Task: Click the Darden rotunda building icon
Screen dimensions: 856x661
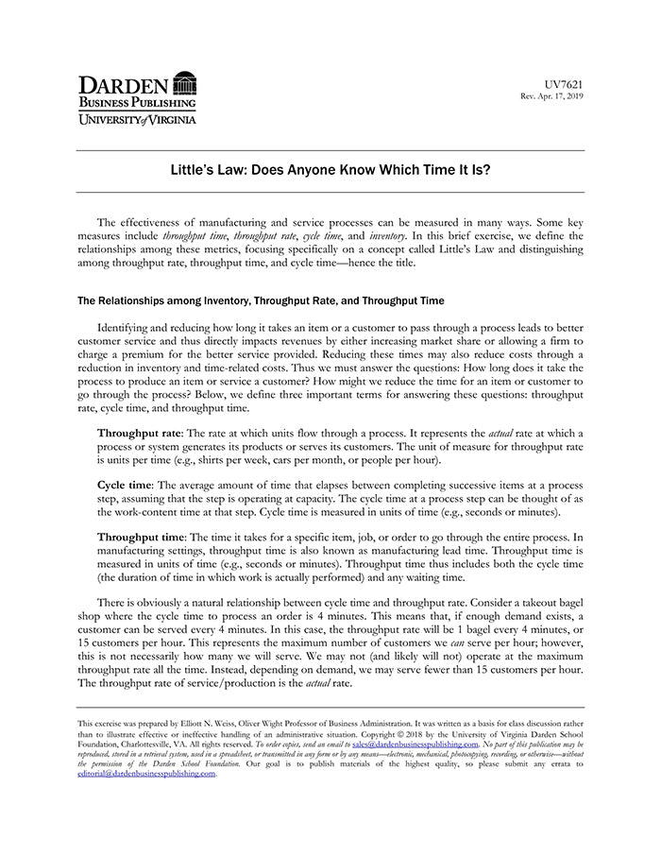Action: pos(185,83)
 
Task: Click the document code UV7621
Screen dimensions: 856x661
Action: pos(565,84)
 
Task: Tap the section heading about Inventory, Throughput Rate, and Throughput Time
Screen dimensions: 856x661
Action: pos(260,301)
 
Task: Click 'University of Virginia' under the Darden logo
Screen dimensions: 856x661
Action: pos(136,119)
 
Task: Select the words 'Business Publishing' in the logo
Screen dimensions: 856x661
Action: pos(136,102)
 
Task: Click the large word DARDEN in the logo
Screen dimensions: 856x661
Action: pos(123,83)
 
